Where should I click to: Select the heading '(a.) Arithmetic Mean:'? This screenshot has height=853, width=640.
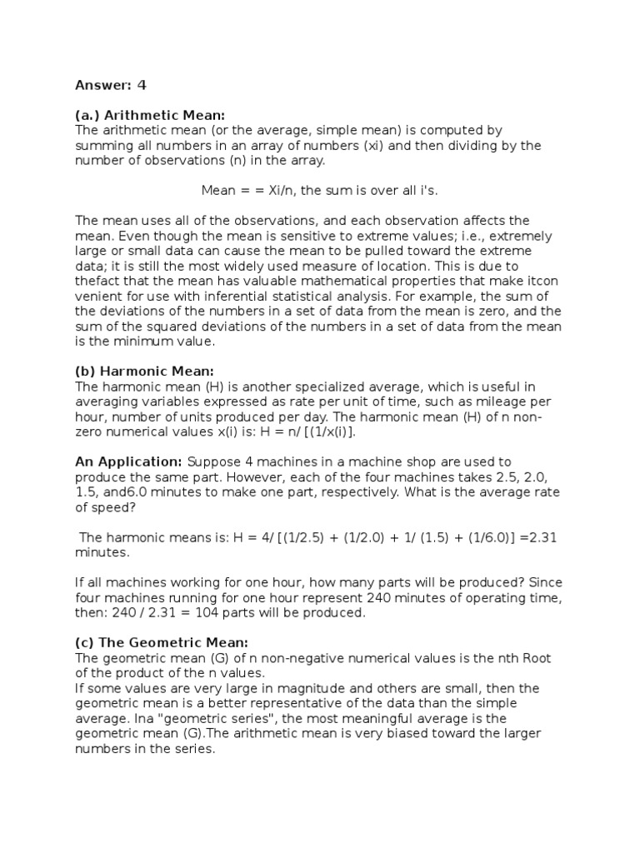[x=150, y=115]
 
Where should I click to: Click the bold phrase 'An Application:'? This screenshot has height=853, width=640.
[x=129, y=461]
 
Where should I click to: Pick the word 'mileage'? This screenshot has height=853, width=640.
[x=496, y=401]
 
